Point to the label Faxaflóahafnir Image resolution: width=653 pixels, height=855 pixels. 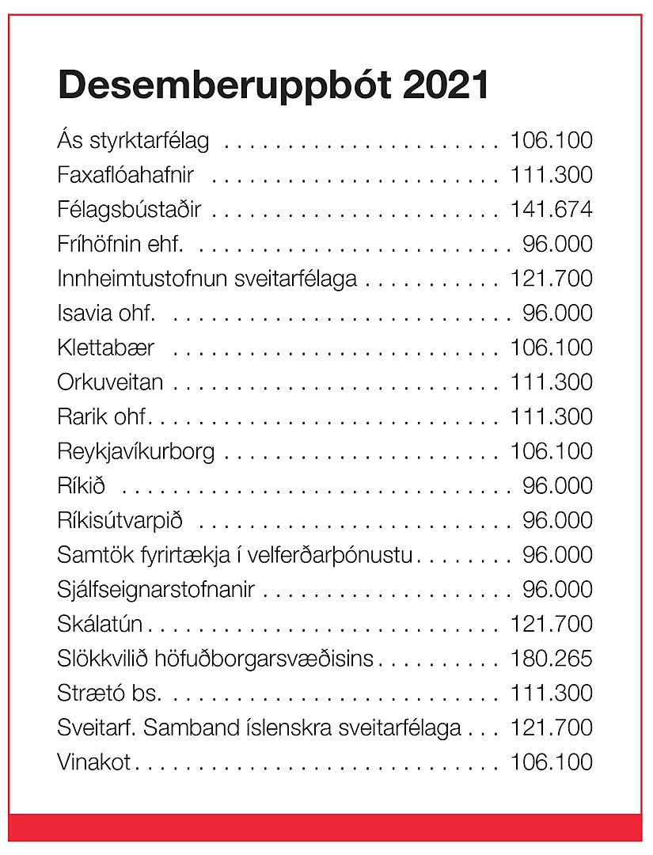click(x=126, y=175)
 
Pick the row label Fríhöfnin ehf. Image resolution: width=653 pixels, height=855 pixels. click(x=120, y=244)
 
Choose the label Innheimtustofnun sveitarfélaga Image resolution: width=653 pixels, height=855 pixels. click(x=207, y=279)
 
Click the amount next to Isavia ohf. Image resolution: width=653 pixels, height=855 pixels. click(x=557, y=313)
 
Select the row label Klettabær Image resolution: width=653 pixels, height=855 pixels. click(x=106, y=348)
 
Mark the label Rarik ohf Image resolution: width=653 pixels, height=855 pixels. click(x=103, y=416)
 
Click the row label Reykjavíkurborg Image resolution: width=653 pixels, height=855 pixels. click(x=136, y=451)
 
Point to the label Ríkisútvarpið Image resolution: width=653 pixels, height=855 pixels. click(x=120, y=520)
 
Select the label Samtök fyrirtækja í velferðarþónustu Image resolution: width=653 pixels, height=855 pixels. click(x=235, y=555)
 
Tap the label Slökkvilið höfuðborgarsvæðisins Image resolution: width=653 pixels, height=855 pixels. click(x=215, y=659)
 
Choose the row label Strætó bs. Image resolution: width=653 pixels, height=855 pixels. click(x=109, y=693)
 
